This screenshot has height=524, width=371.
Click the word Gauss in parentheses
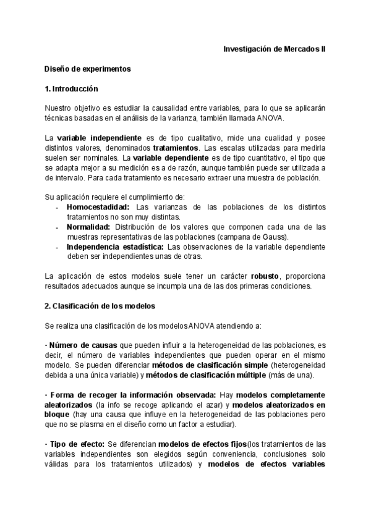coord(284,237)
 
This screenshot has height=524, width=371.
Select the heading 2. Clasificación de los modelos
coord(100,305)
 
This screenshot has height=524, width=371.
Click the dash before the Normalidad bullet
coord(58,227)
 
